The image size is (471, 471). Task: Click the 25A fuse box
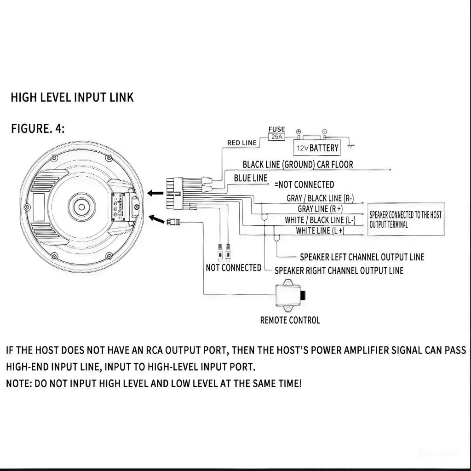pos(276,137)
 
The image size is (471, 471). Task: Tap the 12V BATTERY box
pos(317,148)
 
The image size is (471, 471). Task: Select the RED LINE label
pos(242,143)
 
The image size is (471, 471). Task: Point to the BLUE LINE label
pos(250,178)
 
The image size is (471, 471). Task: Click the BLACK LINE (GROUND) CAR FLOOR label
pos(298,165)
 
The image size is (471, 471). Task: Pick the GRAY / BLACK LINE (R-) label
pos(320,198)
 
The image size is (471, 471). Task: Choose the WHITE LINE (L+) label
pos(320,230)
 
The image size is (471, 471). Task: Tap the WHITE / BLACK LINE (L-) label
pos(320,220)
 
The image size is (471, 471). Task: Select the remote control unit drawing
pos(290,295)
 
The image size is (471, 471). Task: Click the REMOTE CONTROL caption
pos(290,320)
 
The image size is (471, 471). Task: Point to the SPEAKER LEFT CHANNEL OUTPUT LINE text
pos(362,257)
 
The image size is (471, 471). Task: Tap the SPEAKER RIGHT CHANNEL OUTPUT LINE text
pos(339,270)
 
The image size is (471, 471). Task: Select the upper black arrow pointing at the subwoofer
pos(155,194)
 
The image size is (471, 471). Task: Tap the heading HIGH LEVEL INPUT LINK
pos(72,98)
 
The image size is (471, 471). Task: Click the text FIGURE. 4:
pos(38,129)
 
